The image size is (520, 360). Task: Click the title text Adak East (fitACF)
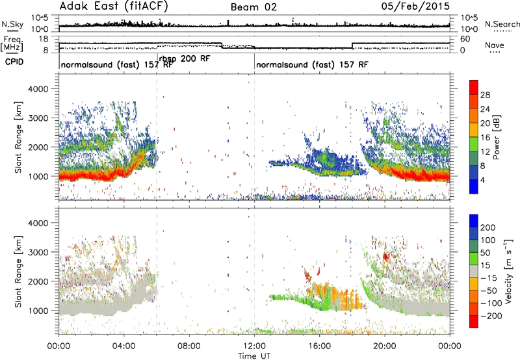[x=114, y=6]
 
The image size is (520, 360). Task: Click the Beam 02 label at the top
[x=253, y=7]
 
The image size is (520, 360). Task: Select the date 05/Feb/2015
[x=415, y=6]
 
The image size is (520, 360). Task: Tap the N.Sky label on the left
[x=12, y=24]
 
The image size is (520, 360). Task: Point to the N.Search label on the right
[x=502, y=24]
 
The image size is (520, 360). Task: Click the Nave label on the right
[x=494, y=45]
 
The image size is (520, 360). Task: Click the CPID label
[x=14, y=62]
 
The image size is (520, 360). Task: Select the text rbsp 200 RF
[x=185, y=59]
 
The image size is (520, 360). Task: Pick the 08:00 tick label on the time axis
[x=189, y=346]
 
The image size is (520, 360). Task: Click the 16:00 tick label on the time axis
[x=319, y=346]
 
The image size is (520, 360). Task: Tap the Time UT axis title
[x=254, y=355]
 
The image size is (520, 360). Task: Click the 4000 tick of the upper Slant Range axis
[x=38, y=89]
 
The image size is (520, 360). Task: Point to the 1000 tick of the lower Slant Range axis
[x=38, y=311]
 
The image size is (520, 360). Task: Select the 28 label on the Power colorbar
[x=485, y=95]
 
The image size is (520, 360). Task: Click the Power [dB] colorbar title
[x=497, y=137]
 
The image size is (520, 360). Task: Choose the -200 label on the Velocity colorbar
[x=491, y=316]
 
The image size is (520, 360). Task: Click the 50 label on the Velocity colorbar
[x=485, y=253]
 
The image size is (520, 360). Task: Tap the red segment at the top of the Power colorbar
[x=474, y=87]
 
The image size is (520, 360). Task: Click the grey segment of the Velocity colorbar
[x=474, y=272]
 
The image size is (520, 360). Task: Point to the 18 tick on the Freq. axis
[x=44, y=39]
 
